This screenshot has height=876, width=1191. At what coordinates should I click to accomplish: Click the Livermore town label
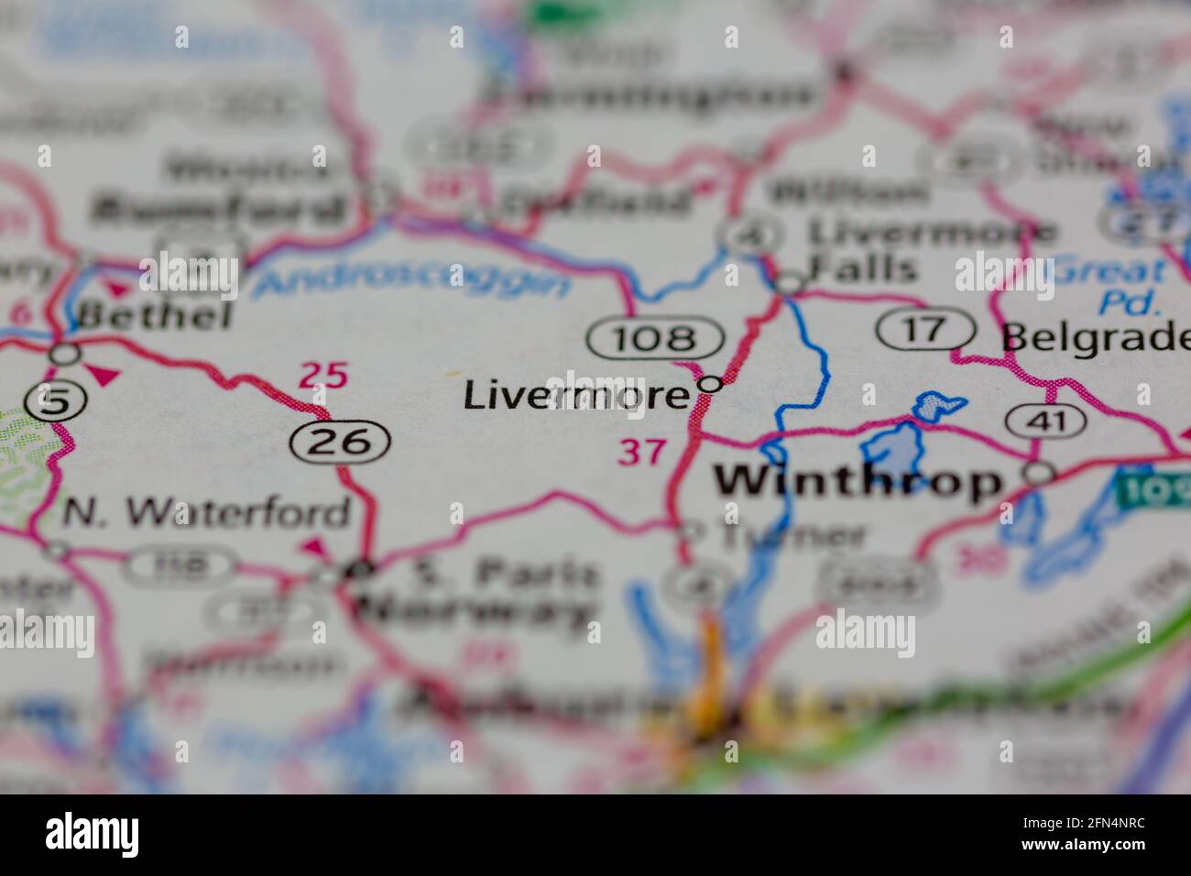click(x=575, y=396)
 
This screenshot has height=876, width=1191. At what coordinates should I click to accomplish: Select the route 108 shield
click(x=656, y=339)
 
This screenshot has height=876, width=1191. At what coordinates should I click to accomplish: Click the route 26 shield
click(x=340, y=443)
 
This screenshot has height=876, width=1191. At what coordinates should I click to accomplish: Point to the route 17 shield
click(x=926, y=330)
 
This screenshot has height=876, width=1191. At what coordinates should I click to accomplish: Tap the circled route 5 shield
click(x=44, y=401)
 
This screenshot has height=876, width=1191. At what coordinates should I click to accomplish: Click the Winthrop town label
click(x=858, y=481)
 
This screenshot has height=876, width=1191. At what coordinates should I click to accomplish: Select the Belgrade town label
click(x=1096, y=337)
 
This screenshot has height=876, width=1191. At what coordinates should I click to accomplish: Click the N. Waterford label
click(x=206, y=513)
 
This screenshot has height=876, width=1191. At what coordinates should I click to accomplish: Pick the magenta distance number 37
click(x=641, y=451)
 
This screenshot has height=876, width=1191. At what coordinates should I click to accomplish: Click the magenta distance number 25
click(x=324, y=375)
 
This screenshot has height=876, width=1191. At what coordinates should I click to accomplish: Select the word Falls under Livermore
click(x=862, y=268)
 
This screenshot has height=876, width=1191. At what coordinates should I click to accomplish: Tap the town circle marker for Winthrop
click(x=1040, y=474)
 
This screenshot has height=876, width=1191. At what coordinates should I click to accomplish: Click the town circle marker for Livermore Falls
click(x=789, y=285)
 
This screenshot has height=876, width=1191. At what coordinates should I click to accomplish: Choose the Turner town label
click(x=792, y=535)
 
